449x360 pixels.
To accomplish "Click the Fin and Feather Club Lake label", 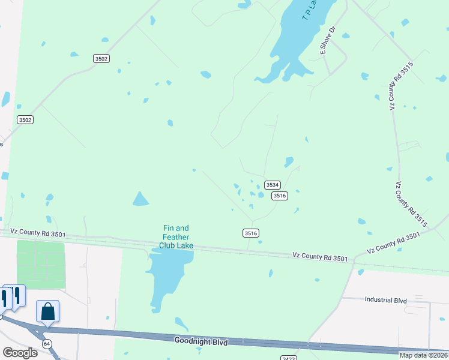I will point(176,236).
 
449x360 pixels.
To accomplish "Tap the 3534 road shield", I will point(273,185).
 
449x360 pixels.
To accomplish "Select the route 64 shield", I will point(46,343).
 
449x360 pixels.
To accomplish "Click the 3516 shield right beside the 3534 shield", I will point(280,196).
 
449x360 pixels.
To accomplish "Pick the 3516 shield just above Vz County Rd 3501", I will point(251,233).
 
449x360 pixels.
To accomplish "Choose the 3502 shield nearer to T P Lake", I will point(101,58).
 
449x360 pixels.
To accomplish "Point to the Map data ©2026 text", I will point(423,355).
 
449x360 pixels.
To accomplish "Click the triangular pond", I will point(140,199).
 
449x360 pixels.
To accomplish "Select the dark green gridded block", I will point(40,265).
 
